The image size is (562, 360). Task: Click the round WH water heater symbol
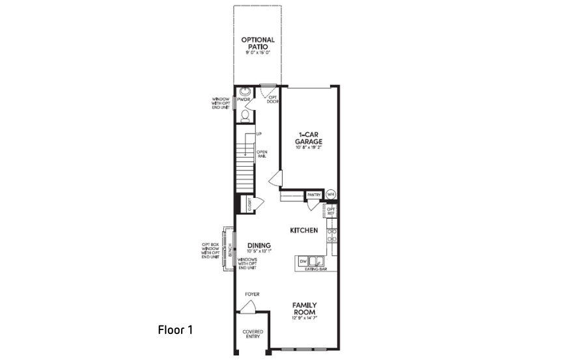(331, 194)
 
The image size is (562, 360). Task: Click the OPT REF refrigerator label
(331, 211)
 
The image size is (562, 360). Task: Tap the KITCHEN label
(303, 230)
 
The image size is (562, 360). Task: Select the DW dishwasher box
(303, 261)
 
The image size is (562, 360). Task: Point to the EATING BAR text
(315, 269)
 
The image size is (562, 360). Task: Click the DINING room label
(259, 245)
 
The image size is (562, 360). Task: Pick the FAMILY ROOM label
(304, 309)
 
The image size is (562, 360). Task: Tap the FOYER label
(252, 294)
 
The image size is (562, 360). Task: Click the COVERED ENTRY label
(253, 335)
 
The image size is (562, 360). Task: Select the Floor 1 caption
(175, 329)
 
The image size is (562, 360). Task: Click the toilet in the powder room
(245, 115)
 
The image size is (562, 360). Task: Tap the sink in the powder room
(246, 92)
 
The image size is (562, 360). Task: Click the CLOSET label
(249, 204)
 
